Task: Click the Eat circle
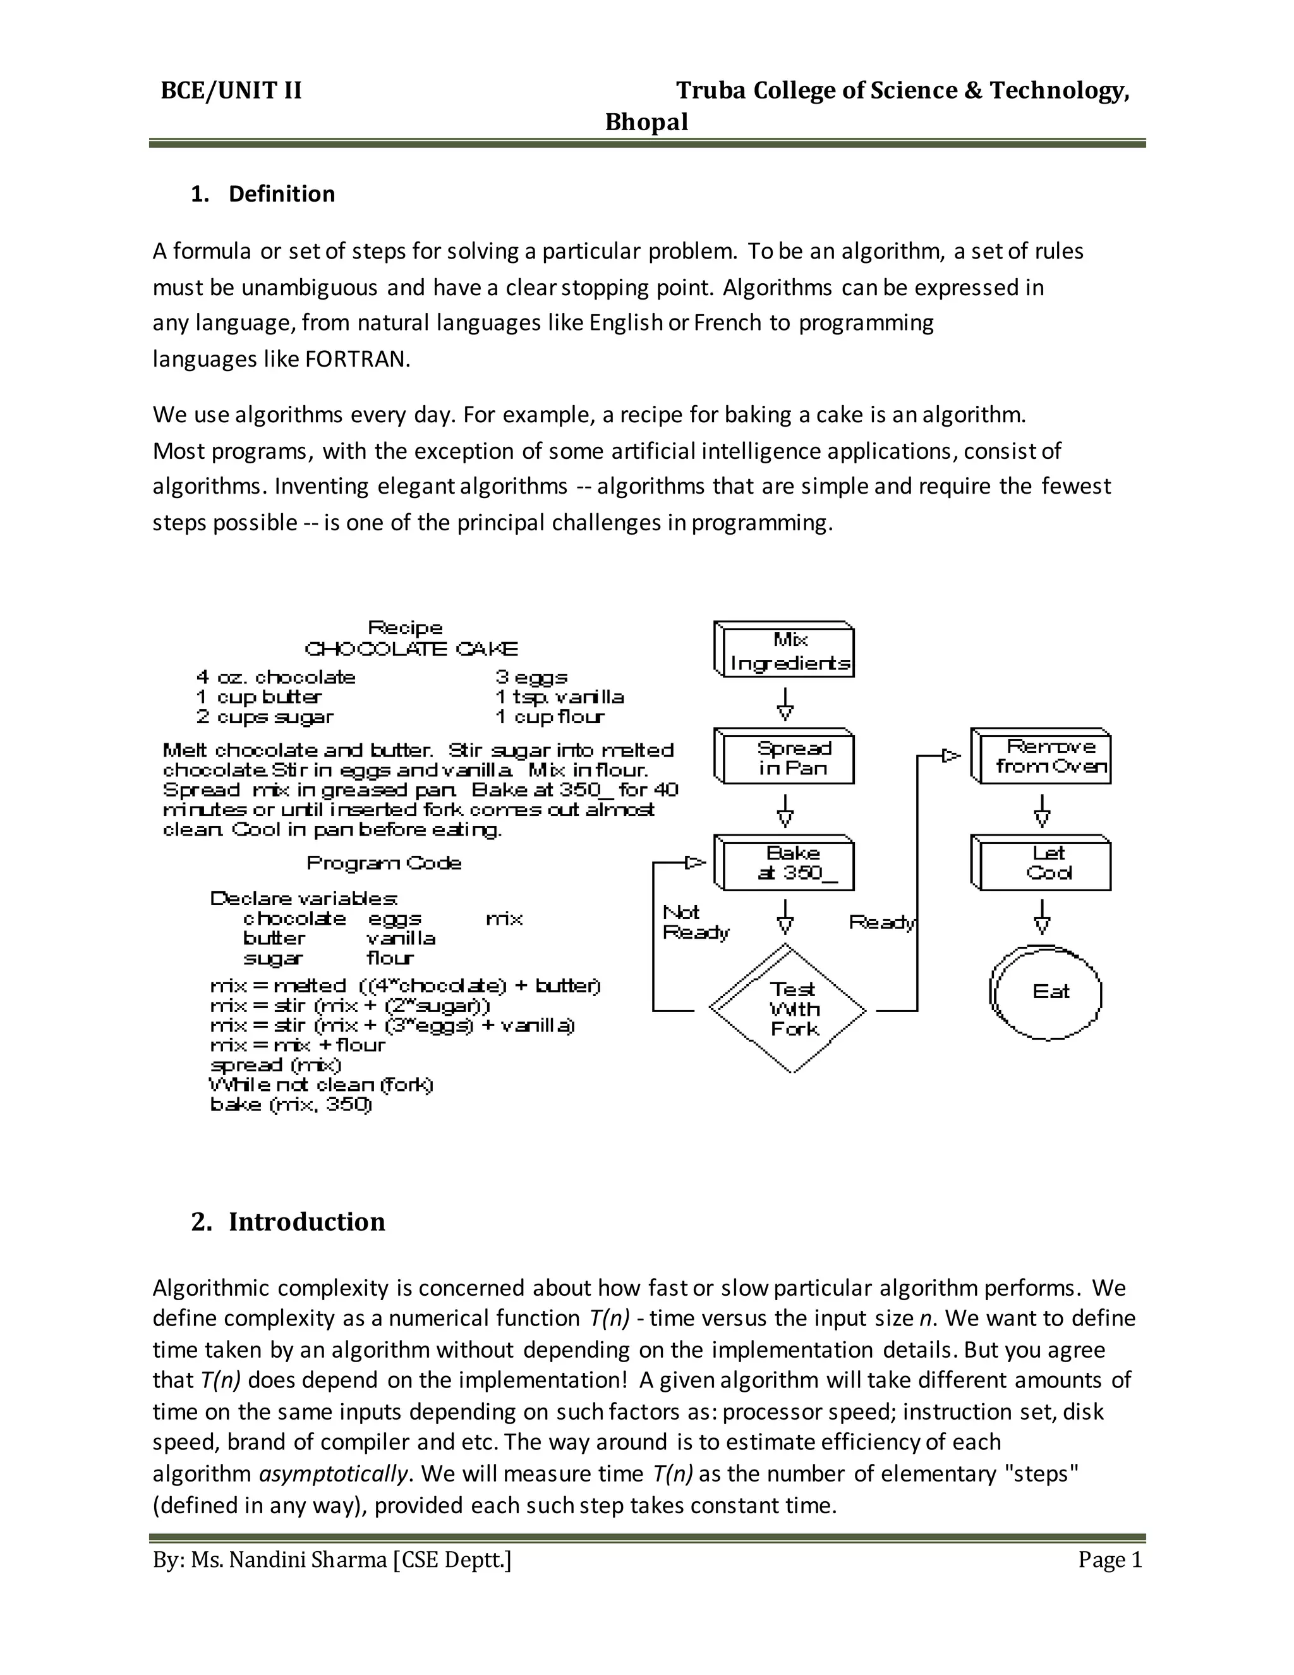pyautogui.click(x=1047, y=992)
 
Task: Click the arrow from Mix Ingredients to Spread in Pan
pyautogui.click(x=785, y=703)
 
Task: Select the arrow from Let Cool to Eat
pyautogui.click(x=1042, y=917)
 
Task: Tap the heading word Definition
pyautogui.click(x=281, y=194)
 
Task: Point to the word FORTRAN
pyautogui.click(x=356, y=360)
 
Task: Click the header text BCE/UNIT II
pyautogui.click(x=231, y=91)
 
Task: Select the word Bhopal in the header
pyautogui.click(x=646, y=123)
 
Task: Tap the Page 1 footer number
pyautogui.click(x=1110, y=1560)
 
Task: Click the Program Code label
pyautogui.click(x=384, y=863)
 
